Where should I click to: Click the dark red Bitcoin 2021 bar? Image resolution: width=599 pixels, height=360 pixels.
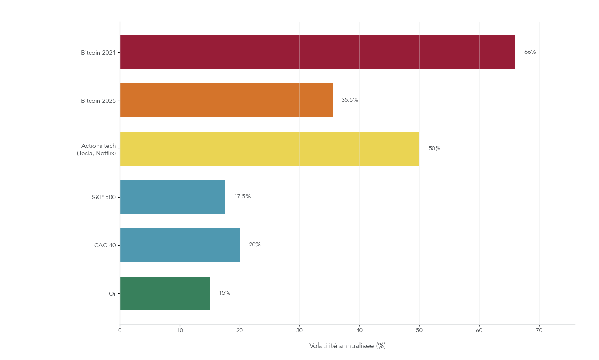pyautogui.click(x=317, y=53)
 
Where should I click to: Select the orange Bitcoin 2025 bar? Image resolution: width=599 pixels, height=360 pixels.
pyautogui.click(x=226, y=101)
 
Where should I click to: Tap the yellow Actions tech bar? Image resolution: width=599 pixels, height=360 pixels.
pyautogui.click(x=269, y=149)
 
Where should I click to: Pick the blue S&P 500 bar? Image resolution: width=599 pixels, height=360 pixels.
pyautogui.click(x=172, y=197)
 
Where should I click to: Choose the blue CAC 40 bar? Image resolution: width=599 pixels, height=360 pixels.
pyautogui.click(x=180, y=245)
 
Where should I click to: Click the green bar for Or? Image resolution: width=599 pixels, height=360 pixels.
pyautogui.click(x=165, y=293)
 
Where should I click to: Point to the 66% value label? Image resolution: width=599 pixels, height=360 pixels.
pyautogui.click(x=530, y=52)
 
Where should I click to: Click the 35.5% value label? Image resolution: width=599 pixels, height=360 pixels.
pyautogui.click(x=350, y=100)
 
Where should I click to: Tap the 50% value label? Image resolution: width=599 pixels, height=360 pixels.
pyautogui.click(x=434, y=149)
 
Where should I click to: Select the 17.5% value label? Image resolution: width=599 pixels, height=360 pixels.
pyautogui.click(x=242, y=197)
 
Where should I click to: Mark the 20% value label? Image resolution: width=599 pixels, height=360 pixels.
pyautogui.click(x=255, y=245)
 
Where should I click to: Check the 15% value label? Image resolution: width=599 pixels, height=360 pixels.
pyautogui.click(x=225, y=293)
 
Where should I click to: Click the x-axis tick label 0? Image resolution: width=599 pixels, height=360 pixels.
pyautogui.click(x=120, y=331)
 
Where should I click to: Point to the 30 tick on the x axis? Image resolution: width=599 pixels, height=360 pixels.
pyautogui.click(x=299, y=331)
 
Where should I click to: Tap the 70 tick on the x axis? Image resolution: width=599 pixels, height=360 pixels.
pyautogui.click(x=539, y=331)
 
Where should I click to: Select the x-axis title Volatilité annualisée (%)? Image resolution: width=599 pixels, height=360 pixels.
pyautogui.click(x=347, y=346)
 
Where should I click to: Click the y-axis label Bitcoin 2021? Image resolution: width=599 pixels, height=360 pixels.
pyautogui.click(x=98, y=53)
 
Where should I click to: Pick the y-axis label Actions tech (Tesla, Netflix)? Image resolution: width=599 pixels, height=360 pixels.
pyautogui.click(x=97, y=149)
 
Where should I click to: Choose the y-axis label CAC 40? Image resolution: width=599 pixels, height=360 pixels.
pyautogui.click(x=105, y=246)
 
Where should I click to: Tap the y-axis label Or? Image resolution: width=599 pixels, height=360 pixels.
pyautogui.click(x=112, y=294)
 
